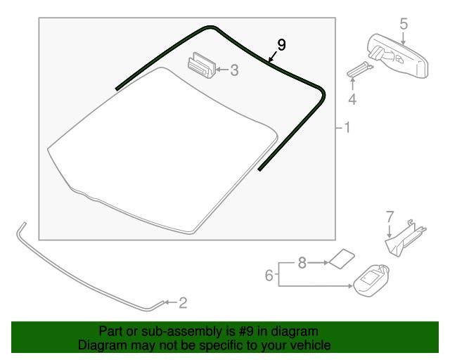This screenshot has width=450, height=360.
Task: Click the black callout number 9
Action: coord(281,45)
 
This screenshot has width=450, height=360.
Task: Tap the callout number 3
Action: coord(234,70)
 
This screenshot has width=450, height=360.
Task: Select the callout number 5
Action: coord(404,23)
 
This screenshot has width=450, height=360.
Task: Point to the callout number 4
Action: coord(352,99)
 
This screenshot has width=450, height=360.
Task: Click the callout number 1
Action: coord(347,127)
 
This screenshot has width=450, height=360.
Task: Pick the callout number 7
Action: coord(390,217)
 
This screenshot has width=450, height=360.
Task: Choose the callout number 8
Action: coord(302,263)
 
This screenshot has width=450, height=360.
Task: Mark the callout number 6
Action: coord(269,276)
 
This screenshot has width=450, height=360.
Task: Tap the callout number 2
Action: coord(183,303)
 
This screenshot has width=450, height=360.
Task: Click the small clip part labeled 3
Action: coord(202,65)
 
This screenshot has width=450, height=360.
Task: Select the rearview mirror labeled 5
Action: coord(399,56)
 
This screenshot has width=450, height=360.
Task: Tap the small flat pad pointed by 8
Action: coord(342,259)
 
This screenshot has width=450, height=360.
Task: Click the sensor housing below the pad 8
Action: coord(371,281)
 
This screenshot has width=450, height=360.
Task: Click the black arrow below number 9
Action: coord(273,56)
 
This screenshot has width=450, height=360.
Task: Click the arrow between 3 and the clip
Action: coord(221,70)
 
